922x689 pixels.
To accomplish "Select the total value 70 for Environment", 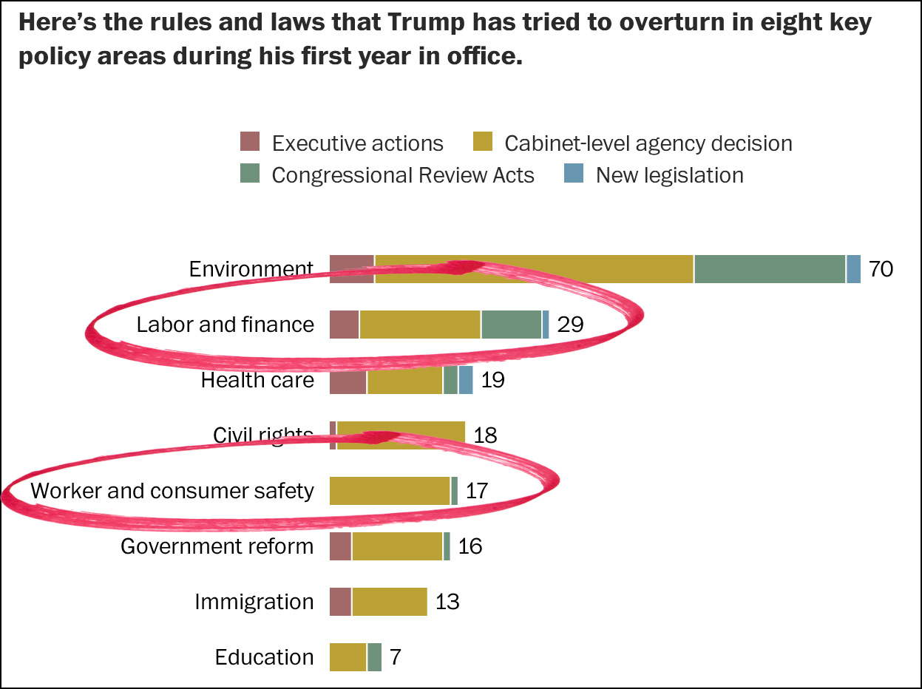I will click(x=881, y=268).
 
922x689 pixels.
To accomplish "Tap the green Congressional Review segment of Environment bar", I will click(x=769, y=268).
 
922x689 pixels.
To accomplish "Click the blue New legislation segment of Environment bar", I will click(x=853, y=268).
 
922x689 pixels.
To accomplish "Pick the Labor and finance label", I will click(x=225, y=324).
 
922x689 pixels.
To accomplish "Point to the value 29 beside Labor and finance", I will click(x=570, y=324).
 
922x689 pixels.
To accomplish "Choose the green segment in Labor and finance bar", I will click(x=511, y=325).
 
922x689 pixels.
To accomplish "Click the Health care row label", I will click(x=257, y=380).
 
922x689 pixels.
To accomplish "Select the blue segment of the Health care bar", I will click(x=465, y=380).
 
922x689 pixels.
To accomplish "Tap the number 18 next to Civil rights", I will click(x=485, y=435).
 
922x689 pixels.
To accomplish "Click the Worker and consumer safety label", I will click(x=172, y=490).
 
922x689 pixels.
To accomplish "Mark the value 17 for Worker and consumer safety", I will click(x=477, y=490).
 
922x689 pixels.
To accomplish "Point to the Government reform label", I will click(x=217, y=546).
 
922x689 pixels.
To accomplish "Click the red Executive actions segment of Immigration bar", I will click(x=340, y=602).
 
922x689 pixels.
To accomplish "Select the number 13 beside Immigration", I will click(x=447, y=602).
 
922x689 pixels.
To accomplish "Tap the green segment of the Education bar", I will click(x=374, y=657).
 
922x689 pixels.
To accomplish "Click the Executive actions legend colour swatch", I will click(x=251, y=142).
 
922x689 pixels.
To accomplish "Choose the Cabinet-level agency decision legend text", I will click(x=648, y=143).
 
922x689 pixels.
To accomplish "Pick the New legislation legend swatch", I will click(x=574, y=174).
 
